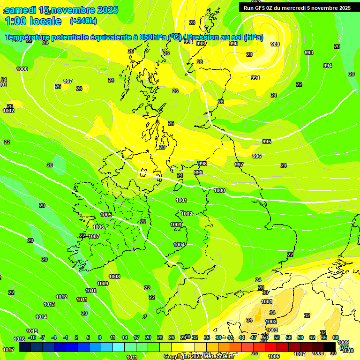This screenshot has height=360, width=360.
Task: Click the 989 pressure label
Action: point(275,44)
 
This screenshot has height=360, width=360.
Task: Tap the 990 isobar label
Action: point(233,44)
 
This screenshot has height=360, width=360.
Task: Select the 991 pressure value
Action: point(255,78)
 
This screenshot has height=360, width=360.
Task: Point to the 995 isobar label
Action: point(267,142)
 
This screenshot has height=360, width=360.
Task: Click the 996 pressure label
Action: point(257,156)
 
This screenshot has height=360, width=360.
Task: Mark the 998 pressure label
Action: point(202,164)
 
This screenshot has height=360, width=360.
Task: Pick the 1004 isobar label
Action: point(179,245)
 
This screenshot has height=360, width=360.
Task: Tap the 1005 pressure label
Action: point(106,215)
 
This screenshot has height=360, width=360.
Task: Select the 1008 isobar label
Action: point(114,277)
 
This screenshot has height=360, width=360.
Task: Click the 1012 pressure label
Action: point(61,297)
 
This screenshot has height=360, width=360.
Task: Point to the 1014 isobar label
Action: point(41,317)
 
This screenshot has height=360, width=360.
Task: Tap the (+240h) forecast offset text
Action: point(83,21)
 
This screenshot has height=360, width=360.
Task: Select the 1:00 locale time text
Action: point(33,21)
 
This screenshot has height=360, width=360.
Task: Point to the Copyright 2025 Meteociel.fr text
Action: point(199,357)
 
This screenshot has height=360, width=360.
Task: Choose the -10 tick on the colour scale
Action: point(32,337)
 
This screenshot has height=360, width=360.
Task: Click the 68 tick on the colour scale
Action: point(336,337)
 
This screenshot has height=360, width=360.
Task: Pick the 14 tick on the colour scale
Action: point(125,337)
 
